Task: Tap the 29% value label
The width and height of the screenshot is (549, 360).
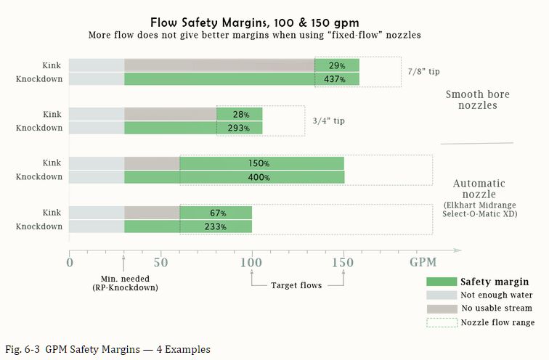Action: [x=336, y=66]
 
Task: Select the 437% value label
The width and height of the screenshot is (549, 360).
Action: [x=336, y=79]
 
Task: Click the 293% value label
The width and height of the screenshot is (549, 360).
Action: [x=240, y=128]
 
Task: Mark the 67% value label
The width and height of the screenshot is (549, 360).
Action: [x=216, y=213]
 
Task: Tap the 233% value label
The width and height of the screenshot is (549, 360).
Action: [x=216, y=226]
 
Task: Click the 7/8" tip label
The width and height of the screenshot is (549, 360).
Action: [x=424, y=71]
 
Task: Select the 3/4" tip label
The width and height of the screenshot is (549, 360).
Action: [x=328, y=120]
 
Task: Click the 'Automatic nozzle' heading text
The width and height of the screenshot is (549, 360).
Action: [x=479, y=189]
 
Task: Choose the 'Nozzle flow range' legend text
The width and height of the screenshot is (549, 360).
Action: [x=497, y=322]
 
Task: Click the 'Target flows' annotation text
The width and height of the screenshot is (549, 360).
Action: [x=297, y=285]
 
